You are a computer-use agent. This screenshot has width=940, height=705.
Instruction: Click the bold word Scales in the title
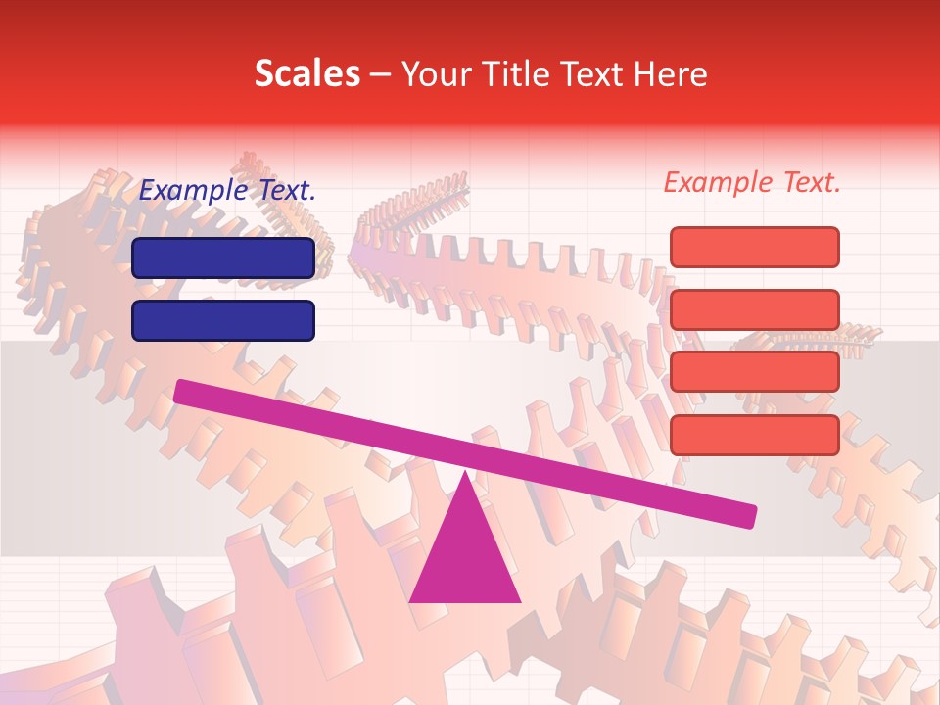[x=306, y=74]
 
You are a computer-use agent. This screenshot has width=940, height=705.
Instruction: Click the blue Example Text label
[x=227, y=191]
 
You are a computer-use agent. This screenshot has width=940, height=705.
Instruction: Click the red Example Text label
[x=752, y=182]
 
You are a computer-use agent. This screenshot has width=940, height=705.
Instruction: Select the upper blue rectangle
[x=223, y=258]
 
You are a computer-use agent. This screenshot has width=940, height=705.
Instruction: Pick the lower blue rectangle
[x=223, y=320]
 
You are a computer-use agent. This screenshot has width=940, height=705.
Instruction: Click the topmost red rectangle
[x=755, y=247]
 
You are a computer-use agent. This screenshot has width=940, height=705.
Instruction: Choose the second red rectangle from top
[x=755, y=309]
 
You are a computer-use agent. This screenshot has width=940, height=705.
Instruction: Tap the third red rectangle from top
[x=755, y=371]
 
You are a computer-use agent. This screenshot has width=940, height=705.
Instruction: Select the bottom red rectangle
[x=755, y=435]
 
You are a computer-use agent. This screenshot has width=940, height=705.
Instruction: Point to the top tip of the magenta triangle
[x=465, y=472]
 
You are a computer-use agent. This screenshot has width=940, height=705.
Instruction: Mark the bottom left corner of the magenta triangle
[x=410, y=601]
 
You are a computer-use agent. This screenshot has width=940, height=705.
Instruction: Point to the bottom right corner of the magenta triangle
[x=519, y=601]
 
